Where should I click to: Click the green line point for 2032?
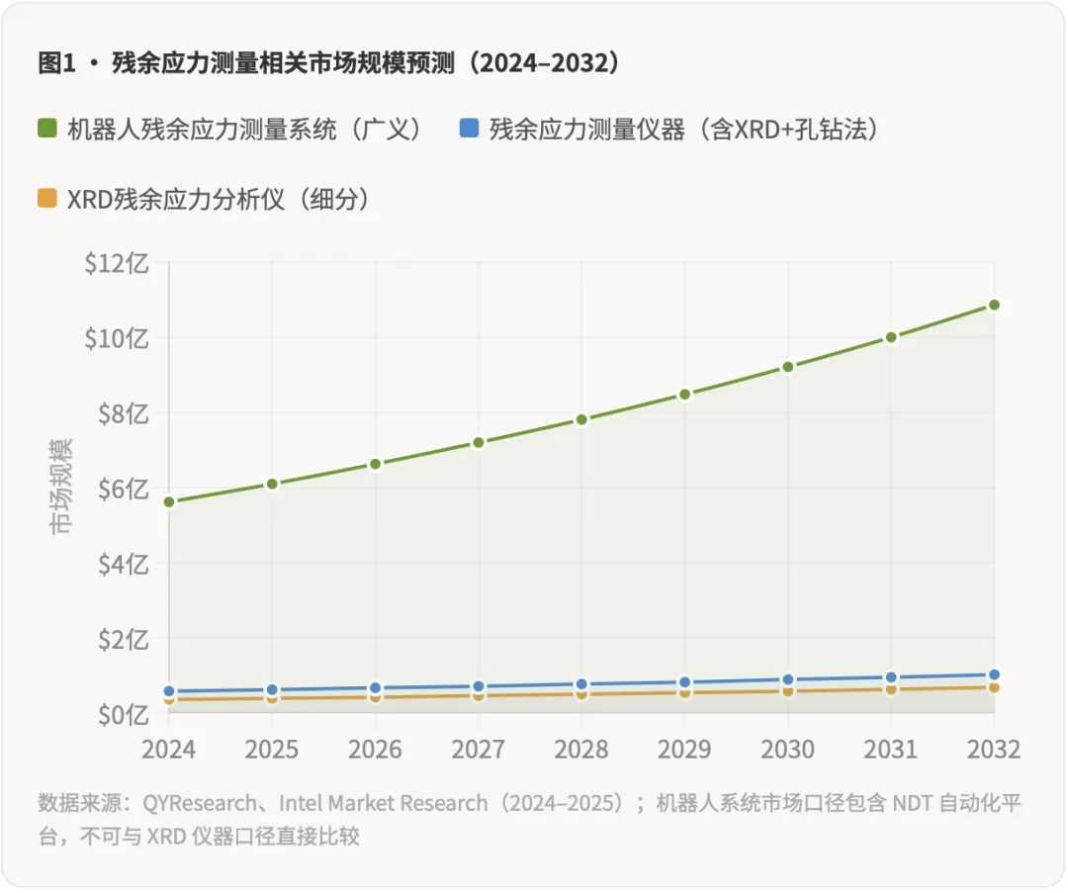pos(994,305)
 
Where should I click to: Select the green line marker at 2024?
pos(169,501)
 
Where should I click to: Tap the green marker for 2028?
pos(581,419)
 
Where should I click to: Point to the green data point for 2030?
pos(788,367)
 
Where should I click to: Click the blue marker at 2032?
pos(994,674)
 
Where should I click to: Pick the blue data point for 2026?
pos(376,687)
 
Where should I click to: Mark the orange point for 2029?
pos(684,692)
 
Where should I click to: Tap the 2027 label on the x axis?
pos(479,749)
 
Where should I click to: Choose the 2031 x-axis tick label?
pos(891,749)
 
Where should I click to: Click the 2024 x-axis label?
pos(169,749)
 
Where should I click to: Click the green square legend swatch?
pos(47,129)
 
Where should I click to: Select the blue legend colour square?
pos(470,129)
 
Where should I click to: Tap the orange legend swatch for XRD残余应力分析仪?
pos(47,198)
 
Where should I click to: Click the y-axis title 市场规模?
pos(61,487)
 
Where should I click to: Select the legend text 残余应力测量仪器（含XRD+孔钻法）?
pos(683,129)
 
